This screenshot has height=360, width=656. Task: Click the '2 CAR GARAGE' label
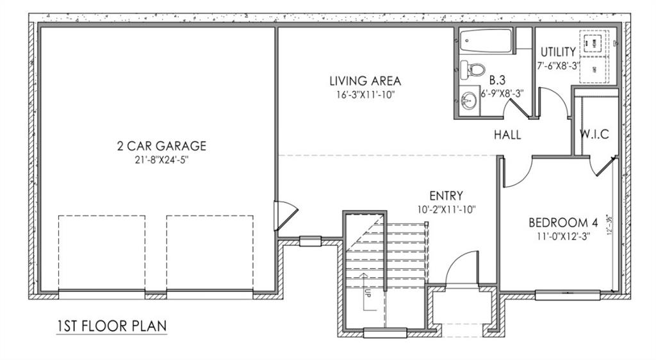pos(161,147)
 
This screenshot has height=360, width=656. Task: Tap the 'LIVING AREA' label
pos(365,81)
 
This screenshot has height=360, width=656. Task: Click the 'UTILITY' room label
pos(558,52)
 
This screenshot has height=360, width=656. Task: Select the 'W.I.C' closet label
pos(594,135)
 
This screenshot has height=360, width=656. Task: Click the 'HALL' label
pos(507,135)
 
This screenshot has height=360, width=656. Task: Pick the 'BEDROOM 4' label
pos(563,223)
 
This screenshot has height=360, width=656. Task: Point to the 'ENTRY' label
pos(446,195)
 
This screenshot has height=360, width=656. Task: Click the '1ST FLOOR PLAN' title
pos(111,325)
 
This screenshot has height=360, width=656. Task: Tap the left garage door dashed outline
pos(102,253)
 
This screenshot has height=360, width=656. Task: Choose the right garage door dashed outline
pos(209,253)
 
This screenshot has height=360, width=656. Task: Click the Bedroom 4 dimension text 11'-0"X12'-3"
pos(563,236)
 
